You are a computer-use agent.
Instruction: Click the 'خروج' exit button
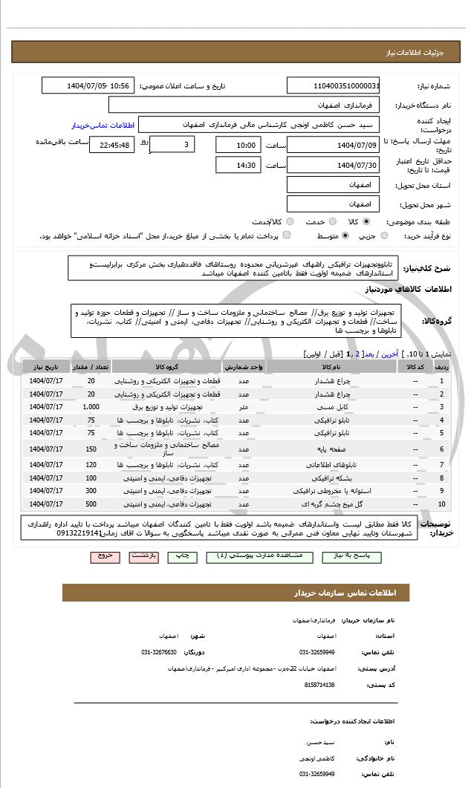tap(105, 556)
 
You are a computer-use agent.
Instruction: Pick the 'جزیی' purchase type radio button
tap(384, 236)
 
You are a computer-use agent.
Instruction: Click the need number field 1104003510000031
tap(334, 86)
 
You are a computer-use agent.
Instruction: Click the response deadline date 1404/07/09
tap(334, 145)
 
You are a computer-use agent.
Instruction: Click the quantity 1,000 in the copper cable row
tap(91, 407)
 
